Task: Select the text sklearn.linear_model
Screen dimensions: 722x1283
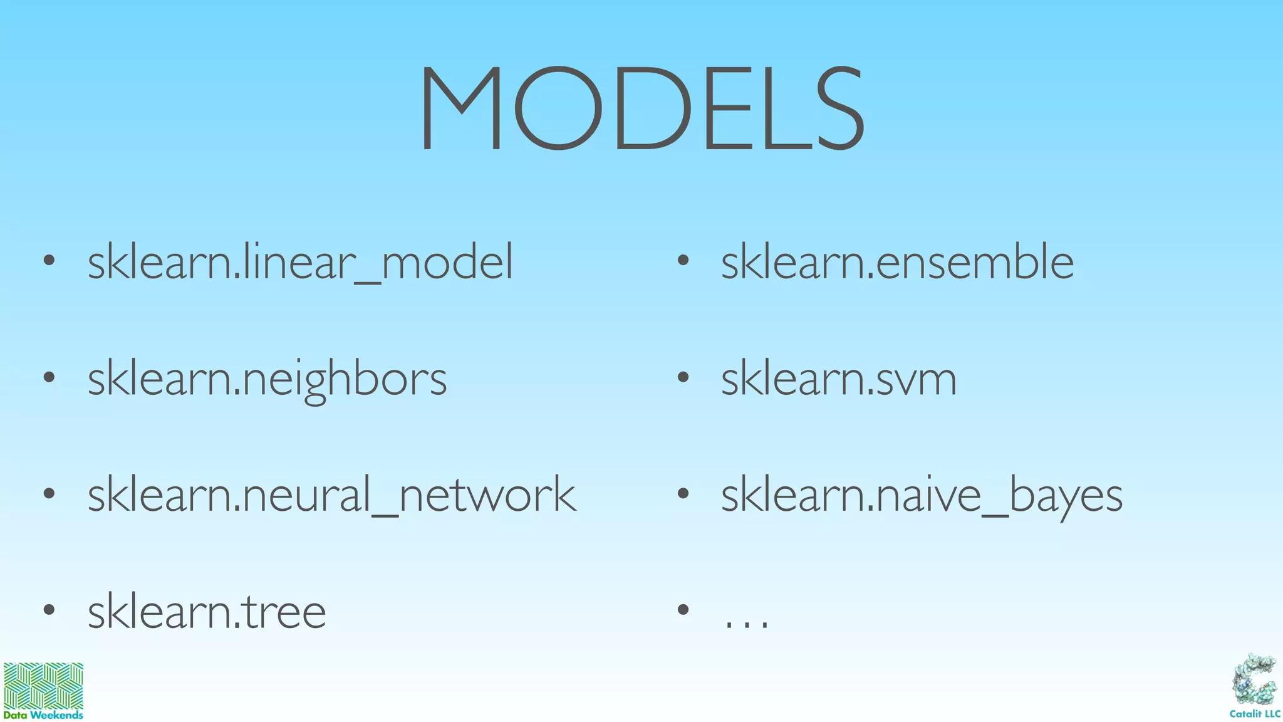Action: tap(300, 262)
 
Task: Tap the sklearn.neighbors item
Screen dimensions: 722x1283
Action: tap(267, 379)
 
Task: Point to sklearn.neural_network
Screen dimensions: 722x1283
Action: tap(331, 495)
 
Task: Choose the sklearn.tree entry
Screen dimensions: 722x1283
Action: tap(207, 612)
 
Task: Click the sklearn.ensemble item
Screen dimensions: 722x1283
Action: tap(897, 262)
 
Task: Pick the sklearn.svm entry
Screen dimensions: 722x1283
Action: tap(839, 379)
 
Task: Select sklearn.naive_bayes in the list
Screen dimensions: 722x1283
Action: tap(922, 495)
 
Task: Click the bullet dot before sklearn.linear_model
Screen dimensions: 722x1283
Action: tap(49, 261)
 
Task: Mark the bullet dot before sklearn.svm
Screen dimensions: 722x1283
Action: tap(683, 377)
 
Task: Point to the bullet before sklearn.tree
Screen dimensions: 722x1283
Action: tap(49, 609)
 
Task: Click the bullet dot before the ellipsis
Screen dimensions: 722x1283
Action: tap(683, 609)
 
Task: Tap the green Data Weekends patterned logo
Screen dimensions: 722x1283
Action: tap(43, 686)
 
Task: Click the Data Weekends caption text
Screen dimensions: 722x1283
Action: tap(43, 715)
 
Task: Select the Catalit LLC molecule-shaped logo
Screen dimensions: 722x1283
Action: tap(1254, 681)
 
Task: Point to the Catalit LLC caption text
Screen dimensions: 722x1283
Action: tap(1255, 714)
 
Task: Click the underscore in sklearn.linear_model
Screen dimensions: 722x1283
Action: tap(367, 283)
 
